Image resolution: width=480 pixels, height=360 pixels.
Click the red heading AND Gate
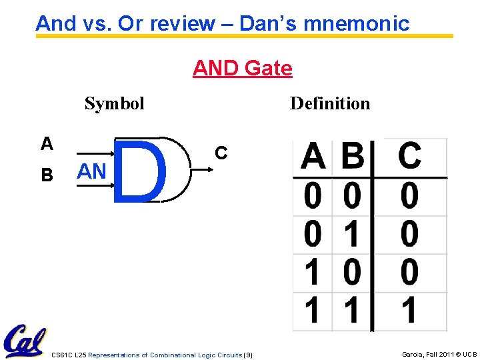pyautogui.click(x=242, y=68)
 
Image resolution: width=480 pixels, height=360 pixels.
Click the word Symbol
pyautogui.click(x=114, y=103)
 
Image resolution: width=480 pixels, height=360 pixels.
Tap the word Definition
pyautogui.click(x=329, y=103)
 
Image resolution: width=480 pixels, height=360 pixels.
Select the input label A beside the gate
pyautogui.click(x=47, y=143)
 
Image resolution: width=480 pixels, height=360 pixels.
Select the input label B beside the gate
pyautogui.click(x=47, y=175)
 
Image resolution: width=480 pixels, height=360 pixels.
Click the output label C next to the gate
pyautogui.click(x=221, y=153)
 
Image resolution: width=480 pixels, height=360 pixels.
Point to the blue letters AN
pyautogui.click(x=91, y=171)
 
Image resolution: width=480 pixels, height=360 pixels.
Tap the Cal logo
pyautogui.click(x=24, y=341)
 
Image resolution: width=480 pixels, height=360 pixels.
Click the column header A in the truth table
pyautogui.click(x=313, y=157)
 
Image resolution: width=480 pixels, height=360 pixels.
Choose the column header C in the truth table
pyautogui.click(x=409, y=157)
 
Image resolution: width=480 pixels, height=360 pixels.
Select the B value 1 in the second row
pyautogui.click(x=352, y=235)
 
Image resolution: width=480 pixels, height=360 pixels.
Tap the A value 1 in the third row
pyautogui.click(x=311, y=273)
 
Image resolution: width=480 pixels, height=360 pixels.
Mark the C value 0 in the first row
pyautogui.click(x=409, y=197)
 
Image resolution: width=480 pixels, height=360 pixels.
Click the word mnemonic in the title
pyautogui.click(x=363, y=24)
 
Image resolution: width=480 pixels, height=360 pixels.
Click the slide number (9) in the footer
pyautogui.click(x=248, y=355)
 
